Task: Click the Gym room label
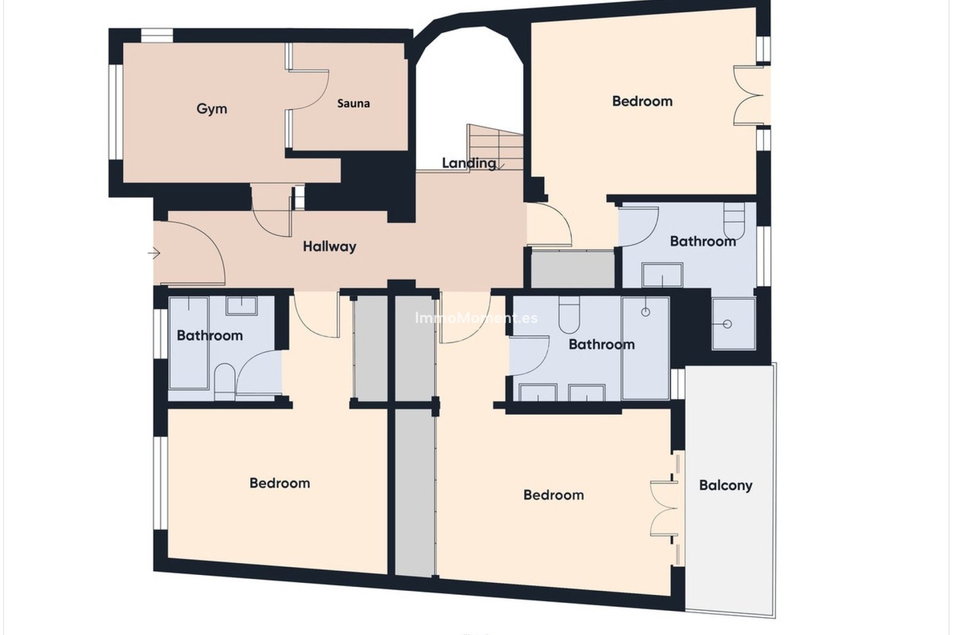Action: click(211, 109)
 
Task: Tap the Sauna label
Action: click(353, 104)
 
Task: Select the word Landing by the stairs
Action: click(469, 163)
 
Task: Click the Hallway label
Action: click(330, 247)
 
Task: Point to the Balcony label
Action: click(725, 485)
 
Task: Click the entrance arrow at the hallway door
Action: click(154, 254)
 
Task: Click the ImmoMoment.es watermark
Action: click(476, 318)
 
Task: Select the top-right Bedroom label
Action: click(642, 101)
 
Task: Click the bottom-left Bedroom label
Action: click(279, 483)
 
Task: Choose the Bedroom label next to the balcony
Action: click(553, 495)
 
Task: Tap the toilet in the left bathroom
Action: click(225, 381)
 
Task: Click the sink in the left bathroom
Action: click(242, 306)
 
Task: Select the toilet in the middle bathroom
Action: click(569, 315)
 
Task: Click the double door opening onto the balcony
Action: click(665, 508)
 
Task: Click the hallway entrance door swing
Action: click(199, 253)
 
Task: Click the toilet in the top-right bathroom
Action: click(734, 221)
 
